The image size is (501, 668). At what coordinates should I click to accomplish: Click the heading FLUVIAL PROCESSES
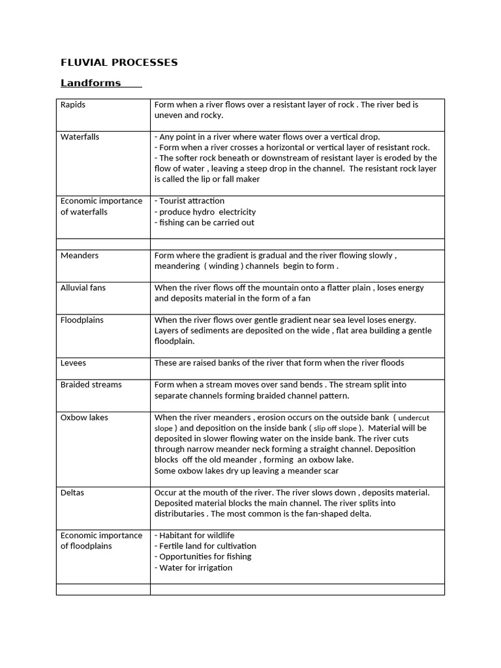(119, 63)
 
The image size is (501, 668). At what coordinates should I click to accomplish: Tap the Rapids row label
(73, 104)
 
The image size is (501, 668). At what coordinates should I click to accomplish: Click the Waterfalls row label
(80, 137)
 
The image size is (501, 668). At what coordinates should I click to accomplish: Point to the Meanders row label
(80, 256)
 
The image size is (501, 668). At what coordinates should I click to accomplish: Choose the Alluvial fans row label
(83, 288)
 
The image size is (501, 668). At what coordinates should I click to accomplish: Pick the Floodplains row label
(82, 320)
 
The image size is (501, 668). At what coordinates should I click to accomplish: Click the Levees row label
(73, 363)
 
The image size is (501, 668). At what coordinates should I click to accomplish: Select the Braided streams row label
(91, 385)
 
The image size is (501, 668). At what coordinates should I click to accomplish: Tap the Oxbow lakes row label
(84, 417)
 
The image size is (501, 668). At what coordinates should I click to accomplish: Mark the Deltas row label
(72, 493)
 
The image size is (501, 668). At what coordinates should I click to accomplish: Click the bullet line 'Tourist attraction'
(190, 201)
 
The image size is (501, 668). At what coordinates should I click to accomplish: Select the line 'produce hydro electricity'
(205, 212)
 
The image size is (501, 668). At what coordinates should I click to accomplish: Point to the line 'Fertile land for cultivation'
(205, 546)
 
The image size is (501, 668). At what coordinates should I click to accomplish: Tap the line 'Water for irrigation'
(194, 568)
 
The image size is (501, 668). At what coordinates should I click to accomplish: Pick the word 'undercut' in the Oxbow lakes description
(414, 418)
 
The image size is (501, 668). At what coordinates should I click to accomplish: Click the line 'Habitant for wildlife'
(194, 536)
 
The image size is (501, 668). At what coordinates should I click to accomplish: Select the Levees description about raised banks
(279, 363)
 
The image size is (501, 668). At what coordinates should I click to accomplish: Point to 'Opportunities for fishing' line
(203, 556)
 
